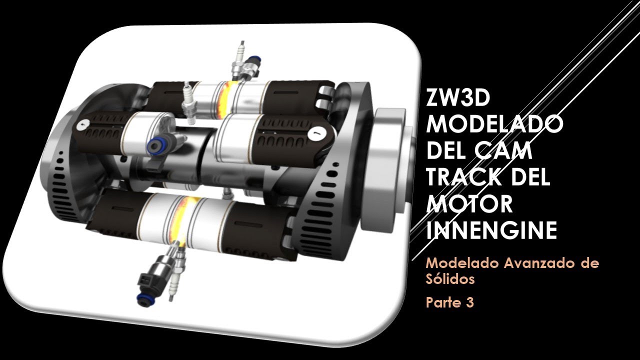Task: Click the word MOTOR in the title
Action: (469, 204)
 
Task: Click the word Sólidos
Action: (450, 279)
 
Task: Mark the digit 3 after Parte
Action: (469, 302)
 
